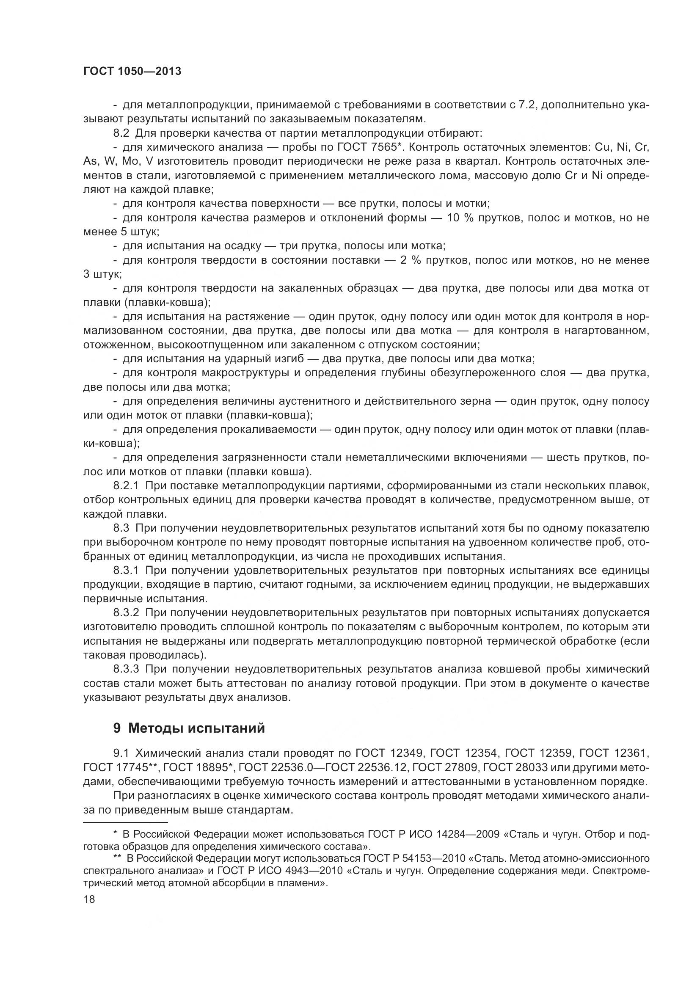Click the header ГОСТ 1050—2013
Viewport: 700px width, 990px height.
click(132, 72)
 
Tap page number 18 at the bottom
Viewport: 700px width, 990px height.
click(89, 899)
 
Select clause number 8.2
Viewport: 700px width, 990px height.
click(121, 133)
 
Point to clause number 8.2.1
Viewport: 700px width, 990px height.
click(126, 486)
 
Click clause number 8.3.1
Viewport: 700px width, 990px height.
click(126, 571)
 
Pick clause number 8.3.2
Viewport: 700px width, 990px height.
click(126, 613)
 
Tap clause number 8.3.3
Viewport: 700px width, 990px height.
click(126, 669)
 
